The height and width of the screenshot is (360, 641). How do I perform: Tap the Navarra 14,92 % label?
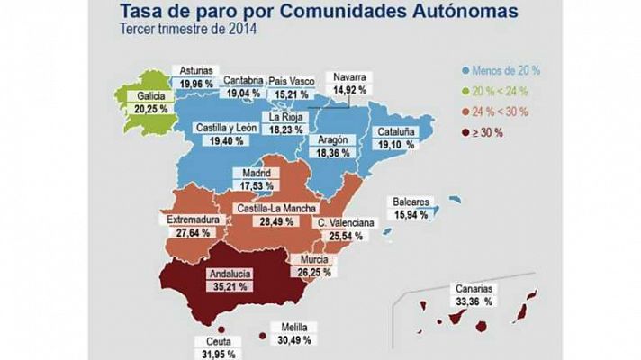point(349,84)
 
